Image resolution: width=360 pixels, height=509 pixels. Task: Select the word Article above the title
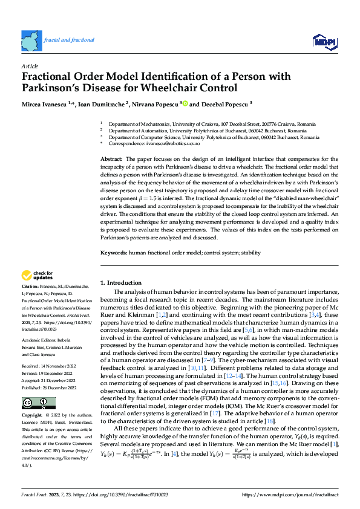click(x=30, y=66)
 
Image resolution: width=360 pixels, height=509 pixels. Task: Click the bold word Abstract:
click(x=111, y=158)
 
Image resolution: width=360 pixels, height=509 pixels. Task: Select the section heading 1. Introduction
click(x=120, y=282)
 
